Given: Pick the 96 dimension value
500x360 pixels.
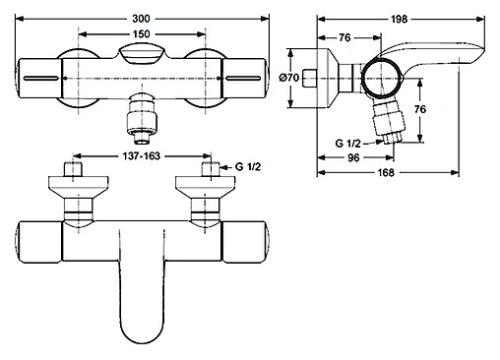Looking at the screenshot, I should click(379, 152).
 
